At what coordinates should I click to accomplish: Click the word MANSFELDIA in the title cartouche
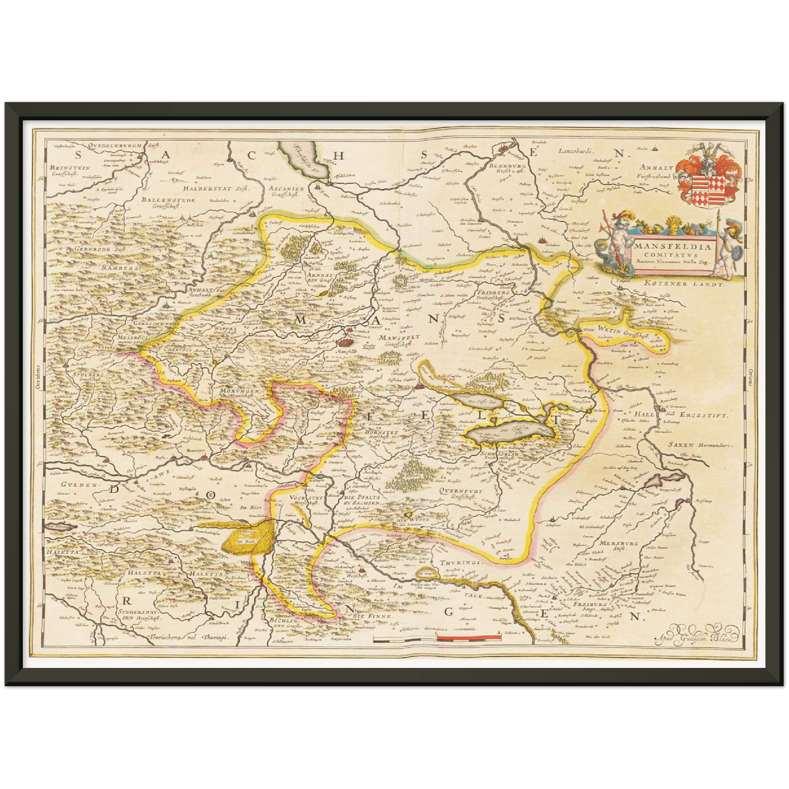tap(673, 246)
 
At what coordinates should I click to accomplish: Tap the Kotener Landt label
tap(683, 284)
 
